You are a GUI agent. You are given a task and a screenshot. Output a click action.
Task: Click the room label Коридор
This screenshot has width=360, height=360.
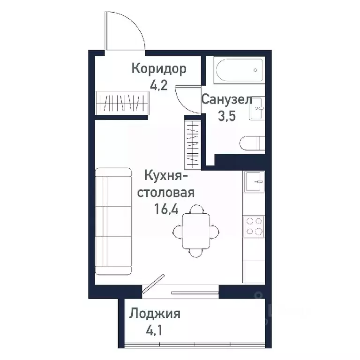(x=158, y=69)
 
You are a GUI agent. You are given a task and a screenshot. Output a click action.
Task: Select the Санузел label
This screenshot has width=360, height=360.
(x=227, y=99)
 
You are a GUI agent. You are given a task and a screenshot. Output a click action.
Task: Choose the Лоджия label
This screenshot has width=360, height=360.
(x=155, y=314)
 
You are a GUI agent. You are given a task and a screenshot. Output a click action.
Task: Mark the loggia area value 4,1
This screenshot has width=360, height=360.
(x=154, y=331)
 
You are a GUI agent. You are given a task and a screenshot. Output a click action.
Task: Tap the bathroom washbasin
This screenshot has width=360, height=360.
(x=257, y=109)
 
